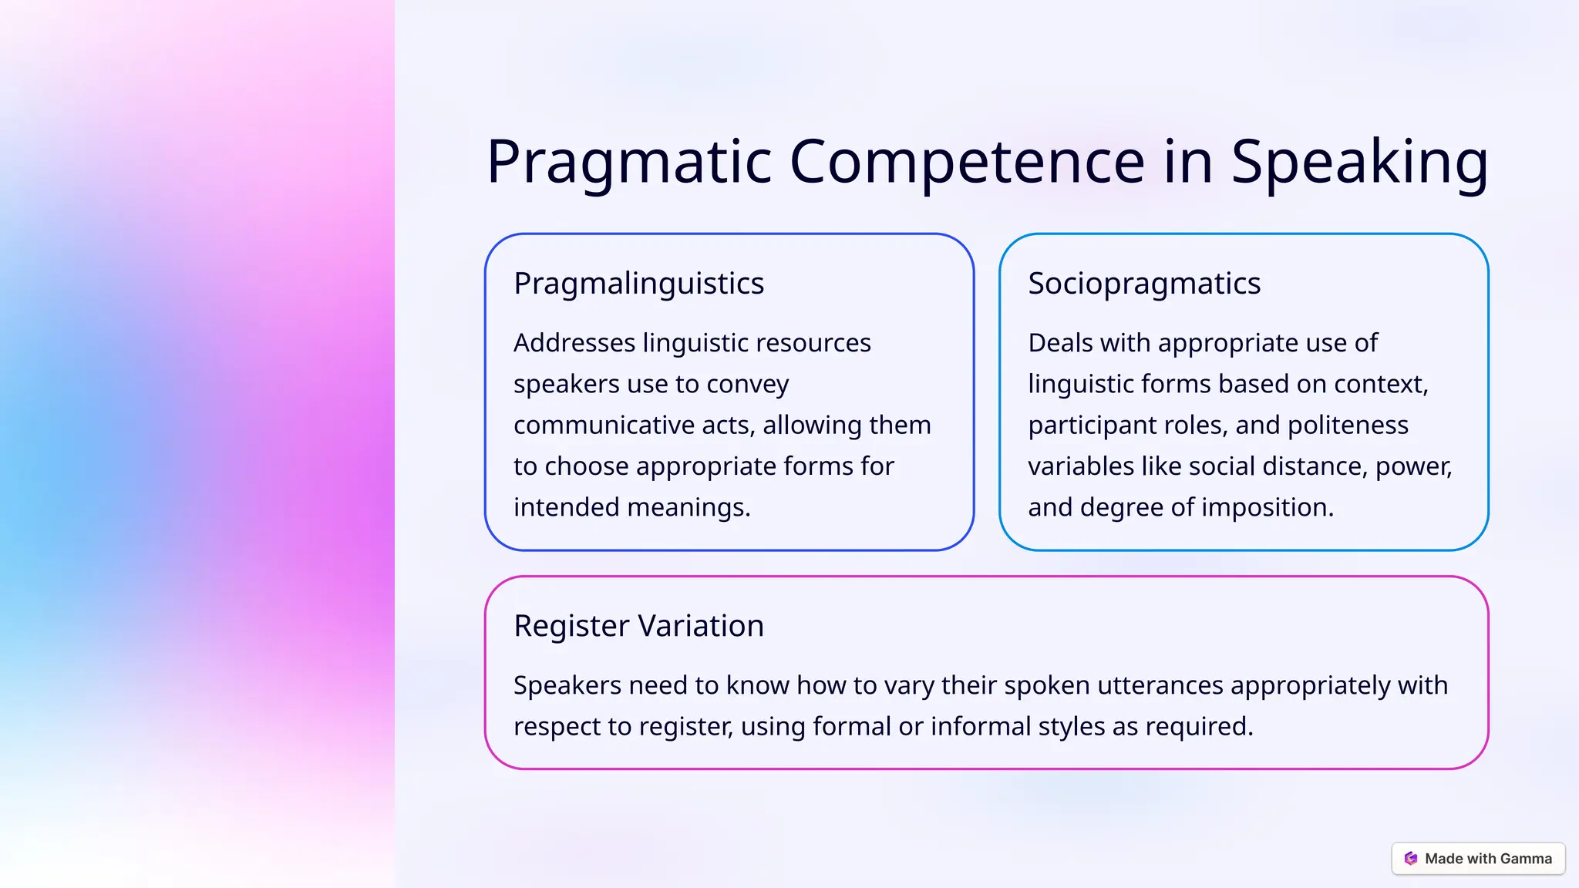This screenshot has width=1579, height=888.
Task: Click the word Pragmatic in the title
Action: tap(628, 162)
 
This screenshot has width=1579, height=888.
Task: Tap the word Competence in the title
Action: tap(967, 162)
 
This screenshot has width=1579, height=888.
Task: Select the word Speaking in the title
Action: tap(1359, 162)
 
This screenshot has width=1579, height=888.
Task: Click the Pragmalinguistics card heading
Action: tap(638, 284)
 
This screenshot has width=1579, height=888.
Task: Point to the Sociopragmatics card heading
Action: tap(1144, 284)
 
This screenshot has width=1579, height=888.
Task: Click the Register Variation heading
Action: tap(638, 626)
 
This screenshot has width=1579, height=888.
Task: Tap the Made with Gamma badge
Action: tap(1478, 859)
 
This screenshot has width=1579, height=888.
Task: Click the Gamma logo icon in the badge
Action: tap(1411, 859)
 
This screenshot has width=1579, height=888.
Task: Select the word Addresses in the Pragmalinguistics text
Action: tap(574, 343)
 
